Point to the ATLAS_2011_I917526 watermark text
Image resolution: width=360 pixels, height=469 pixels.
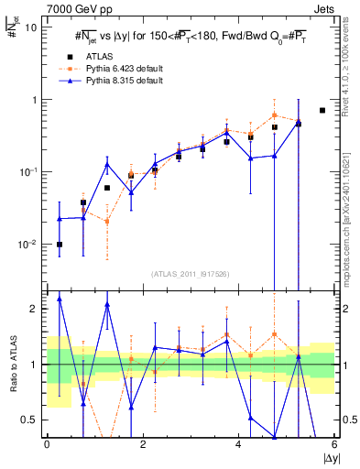pyautogui.click(x=190, y=275)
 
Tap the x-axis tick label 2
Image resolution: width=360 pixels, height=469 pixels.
pyautogui.click(x=143, y=444)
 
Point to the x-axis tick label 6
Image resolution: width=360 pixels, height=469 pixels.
pyautogui.click(x=334, y=444)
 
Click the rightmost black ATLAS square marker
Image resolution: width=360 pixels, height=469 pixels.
pyautogui.click(x=322, y=110)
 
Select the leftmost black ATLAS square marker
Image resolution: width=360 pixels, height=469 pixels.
pyautogui.click(x=60, y=245)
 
